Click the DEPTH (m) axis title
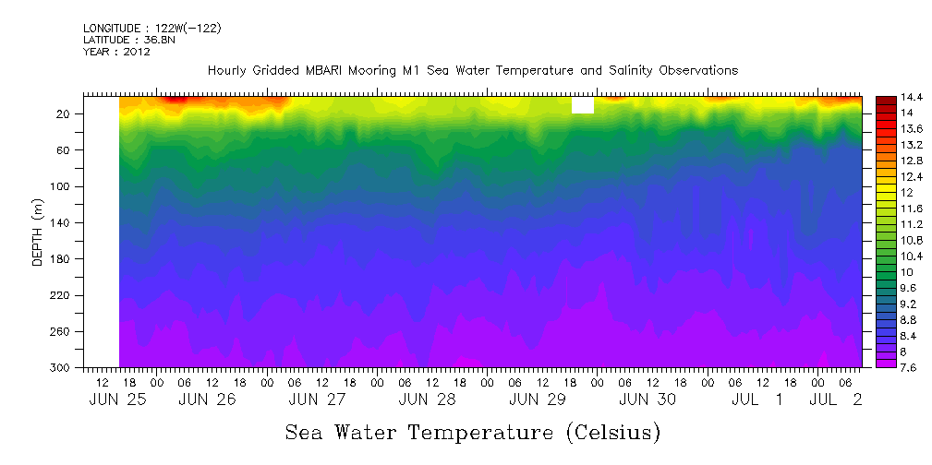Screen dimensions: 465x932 point(38,232)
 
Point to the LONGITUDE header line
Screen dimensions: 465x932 point(151,29)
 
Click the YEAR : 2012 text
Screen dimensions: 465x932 point(116,52)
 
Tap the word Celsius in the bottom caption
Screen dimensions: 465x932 point(609,433)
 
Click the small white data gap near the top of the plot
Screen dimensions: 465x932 point(583,105)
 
